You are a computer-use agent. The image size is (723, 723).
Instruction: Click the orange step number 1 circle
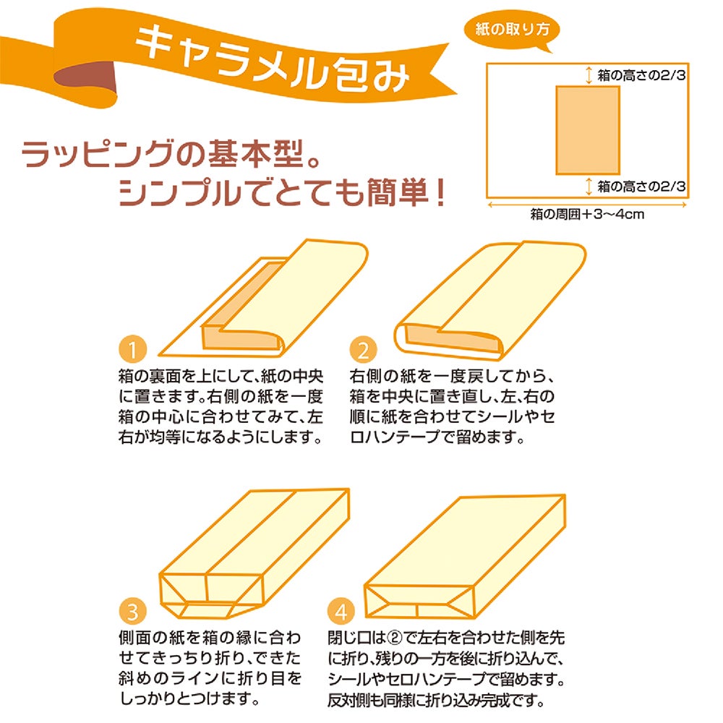coord(133,349)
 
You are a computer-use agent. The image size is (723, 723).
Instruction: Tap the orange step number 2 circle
coord(364,350)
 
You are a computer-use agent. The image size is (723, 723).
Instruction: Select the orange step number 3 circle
coord(133,612)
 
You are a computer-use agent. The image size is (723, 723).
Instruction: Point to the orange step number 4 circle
coord(341,612)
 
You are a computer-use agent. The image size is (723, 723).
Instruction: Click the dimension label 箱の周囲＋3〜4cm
coord(587,214)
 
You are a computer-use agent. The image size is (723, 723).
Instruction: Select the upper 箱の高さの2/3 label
coord(641,74)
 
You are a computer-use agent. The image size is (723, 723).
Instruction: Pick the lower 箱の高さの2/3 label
coord(641,187)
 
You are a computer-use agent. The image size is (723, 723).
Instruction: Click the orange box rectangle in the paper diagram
coord(587,130)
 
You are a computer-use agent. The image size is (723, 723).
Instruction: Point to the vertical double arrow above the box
coord(589,75)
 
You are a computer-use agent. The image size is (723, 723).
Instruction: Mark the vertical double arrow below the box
coord(589,187)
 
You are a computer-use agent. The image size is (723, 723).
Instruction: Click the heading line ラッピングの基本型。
coord(171,154)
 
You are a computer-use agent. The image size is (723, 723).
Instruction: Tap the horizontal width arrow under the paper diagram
coord(587,205)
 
